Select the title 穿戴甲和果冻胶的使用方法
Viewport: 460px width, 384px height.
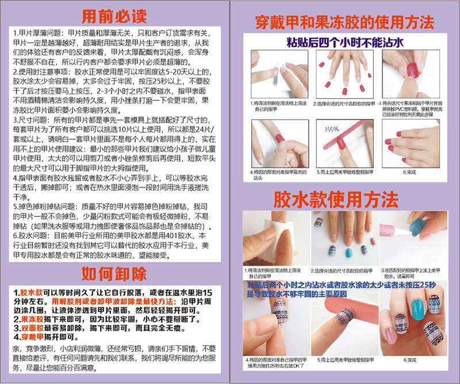click(x=344, y=23)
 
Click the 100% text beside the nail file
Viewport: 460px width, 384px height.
click(x=332, y=130)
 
